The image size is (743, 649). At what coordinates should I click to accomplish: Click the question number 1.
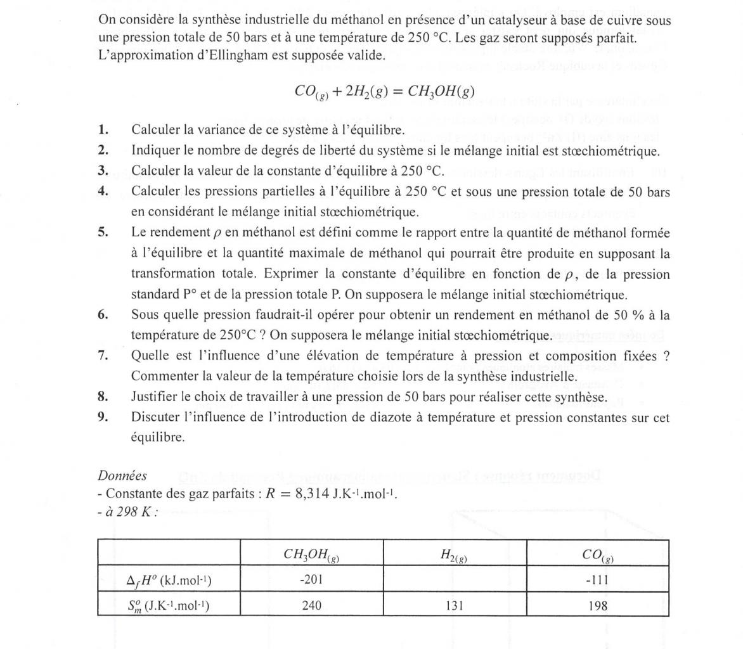tap(103, 130)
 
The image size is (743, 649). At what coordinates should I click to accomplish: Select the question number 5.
tap(103, 232)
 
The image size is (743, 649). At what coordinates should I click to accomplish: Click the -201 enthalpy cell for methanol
tap(311, 579)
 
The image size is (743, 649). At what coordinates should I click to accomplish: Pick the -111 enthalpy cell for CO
tap(597, 579)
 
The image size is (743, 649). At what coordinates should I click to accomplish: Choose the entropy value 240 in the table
tap(311, 605)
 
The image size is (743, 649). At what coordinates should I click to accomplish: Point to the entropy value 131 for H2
tap(455, 605)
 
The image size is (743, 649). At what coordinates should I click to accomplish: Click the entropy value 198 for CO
tap(597, 605)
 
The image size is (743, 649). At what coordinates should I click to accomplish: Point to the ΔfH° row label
tap(169, 579)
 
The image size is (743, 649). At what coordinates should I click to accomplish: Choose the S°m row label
tap(169, 605)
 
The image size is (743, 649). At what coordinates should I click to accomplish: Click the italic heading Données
tap(122, 475)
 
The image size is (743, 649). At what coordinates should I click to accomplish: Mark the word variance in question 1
tap(233, 130)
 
